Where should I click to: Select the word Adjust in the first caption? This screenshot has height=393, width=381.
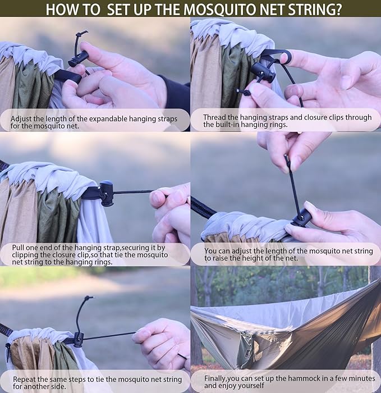click(x=23, y=118)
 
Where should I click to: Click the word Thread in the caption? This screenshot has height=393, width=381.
click(x=215, y=117)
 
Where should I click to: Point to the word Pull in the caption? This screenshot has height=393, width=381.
click(x=20, y=248)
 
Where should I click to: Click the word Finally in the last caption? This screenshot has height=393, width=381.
click(x=217, y=378)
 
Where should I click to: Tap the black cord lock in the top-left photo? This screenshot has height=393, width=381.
click(x=78, y=58)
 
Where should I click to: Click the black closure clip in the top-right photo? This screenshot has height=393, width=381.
click(x=263, y=71)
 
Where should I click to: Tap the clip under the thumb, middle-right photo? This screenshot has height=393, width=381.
click(x=301, y=218)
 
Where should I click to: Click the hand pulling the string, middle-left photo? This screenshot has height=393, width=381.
click(x=171, y=211)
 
